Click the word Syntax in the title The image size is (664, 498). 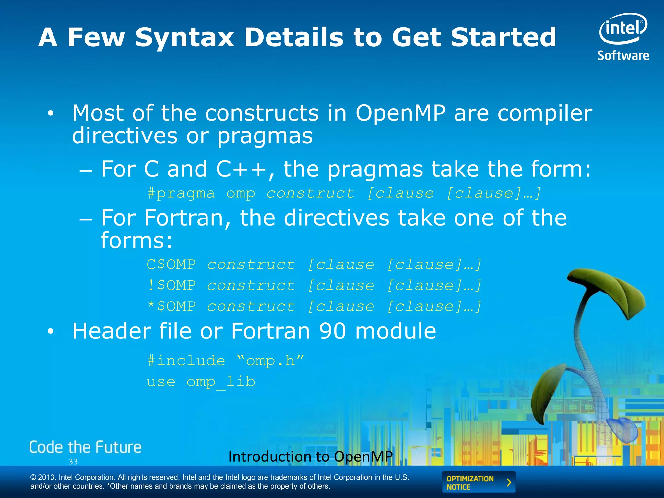(184, 37)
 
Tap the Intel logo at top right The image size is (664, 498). (623, 29)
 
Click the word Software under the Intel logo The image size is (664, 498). (623, 56)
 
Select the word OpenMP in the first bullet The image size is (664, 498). (400, 113)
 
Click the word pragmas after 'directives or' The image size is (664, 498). (265, 136)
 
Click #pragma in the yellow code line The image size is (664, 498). (181, 194)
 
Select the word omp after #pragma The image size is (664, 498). (241, 194)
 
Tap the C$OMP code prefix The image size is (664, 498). (171, 265)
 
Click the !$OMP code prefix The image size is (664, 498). (171, 286)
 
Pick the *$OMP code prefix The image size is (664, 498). (171, 306)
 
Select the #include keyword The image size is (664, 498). (186, 361)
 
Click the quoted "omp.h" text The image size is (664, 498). (270, 361)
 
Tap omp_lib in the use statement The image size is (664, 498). (221, 382)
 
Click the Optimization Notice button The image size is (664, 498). (478, 482)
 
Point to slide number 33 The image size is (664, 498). (73, 462)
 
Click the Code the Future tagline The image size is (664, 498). (85, 447)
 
